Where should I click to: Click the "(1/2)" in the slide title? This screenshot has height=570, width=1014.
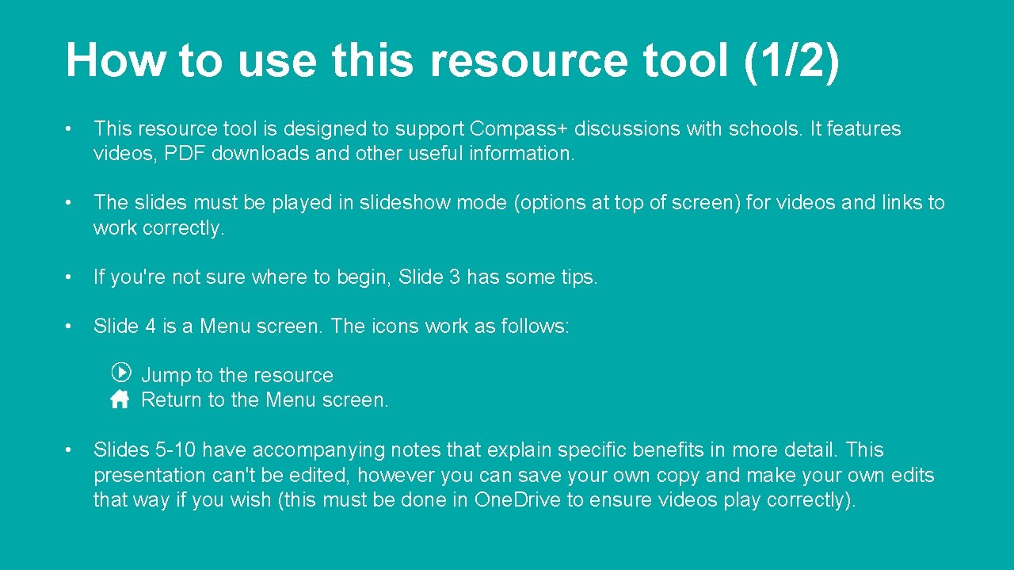(x=791, y=60)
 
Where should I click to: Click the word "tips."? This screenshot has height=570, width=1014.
(x=574, y=277)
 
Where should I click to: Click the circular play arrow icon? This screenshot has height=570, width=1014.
(x=120, y=372)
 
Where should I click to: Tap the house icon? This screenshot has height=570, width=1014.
(x=120, y=399)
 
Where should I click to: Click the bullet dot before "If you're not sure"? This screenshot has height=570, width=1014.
(x=71, y=277)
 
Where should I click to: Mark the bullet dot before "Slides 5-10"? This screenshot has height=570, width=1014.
(x=71, y=450)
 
